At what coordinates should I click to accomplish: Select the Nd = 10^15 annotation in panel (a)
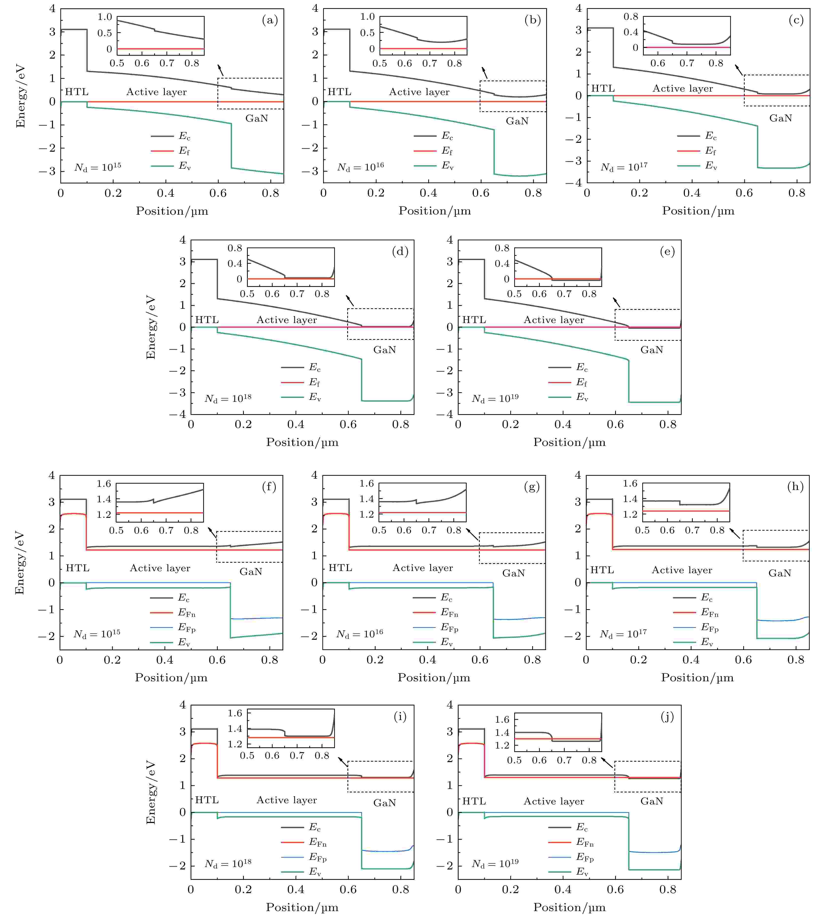point(98,167)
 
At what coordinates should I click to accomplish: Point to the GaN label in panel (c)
point(781,118)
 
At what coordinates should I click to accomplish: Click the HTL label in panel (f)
point(77,568)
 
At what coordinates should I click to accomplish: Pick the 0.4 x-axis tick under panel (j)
point(563,889)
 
